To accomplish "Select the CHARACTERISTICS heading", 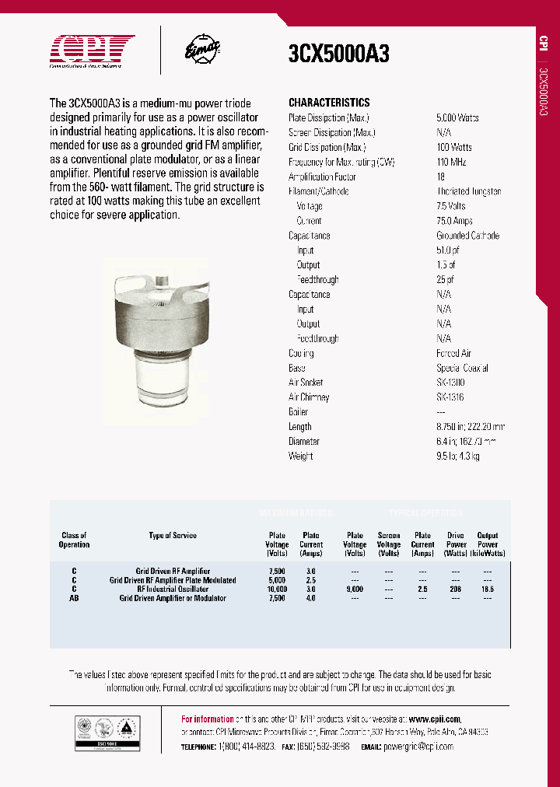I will click(x=329, y=103).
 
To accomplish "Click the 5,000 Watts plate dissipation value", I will click(x=457, y=117).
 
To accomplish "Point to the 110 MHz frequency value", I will click(x=452, y=162).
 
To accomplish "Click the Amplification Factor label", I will click(x=323, y=177).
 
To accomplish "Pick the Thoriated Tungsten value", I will click(x=468, y=191).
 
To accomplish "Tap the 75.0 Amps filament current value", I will click(x=455, y=221).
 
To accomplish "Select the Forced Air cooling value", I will click(x=453, y=353).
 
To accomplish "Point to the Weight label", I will click(x=301, y=456).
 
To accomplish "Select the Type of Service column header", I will click(x=173, y=536).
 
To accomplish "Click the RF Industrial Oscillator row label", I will click(x=173, y=589).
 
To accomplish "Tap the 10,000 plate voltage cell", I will click(x=277, y=589).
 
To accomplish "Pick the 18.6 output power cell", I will click(x=488, y=589).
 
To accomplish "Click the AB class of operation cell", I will click(x=74, y=598).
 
